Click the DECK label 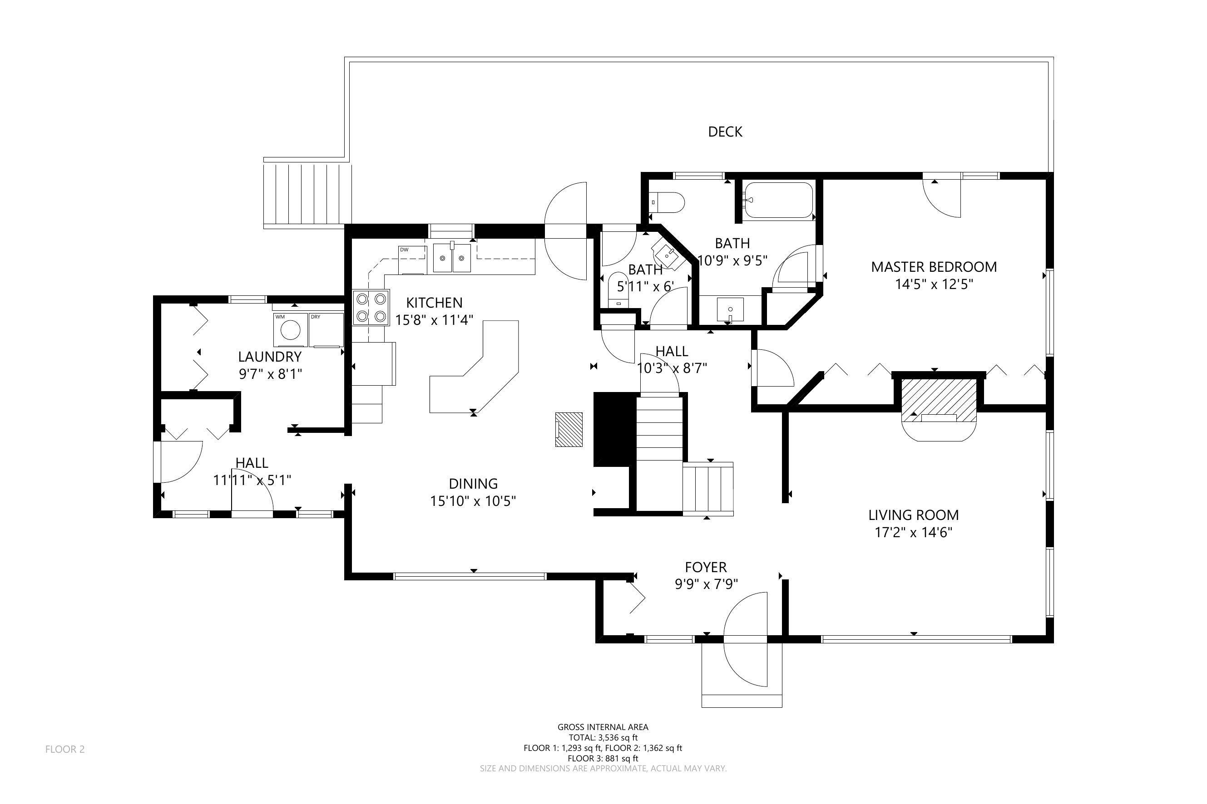point(725,132)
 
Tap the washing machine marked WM point(291,330)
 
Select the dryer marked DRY point(326,330)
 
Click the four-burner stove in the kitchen point(371,308)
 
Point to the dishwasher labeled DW point(412,260)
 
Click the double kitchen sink point(451,258)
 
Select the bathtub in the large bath point(778,201)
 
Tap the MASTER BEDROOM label point(934,267)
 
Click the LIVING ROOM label point(914,515)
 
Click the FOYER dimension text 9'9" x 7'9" point(706,584)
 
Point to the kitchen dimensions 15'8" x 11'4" point(434,320)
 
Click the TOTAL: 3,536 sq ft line point(603,737)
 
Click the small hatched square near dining point(569,429)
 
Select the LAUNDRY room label point(269,356)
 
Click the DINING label point(473,484)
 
